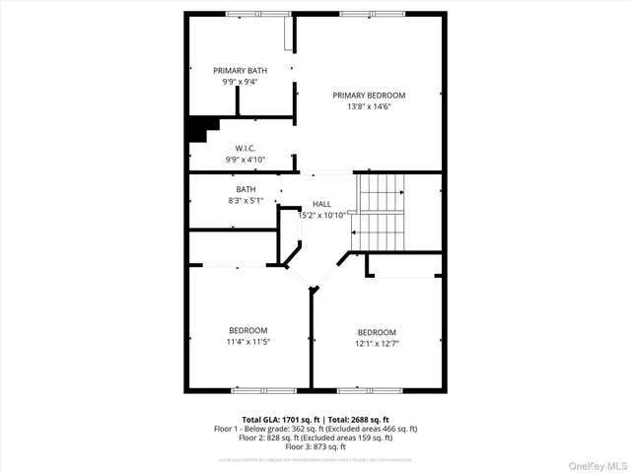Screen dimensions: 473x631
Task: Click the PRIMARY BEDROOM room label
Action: pyautogui.click(x=369, y=96)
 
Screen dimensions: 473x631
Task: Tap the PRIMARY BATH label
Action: pyautogui.click(x=240, y=71)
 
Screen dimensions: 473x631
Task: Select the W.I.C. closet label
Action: pyautogui.click(x=245, y=148)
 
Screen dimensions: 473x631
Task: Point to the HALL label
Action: pyautogui.click(x=321, y=204)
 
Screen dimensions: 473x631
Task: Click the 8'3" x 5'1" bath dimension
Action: pyautogui.click(x=245, y=200)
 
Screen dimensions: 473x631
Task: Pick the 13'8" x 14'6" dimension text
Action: pyautogui.click(x=369, y=106)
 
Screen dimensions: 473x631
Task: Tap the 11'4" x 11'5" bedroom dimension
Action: pyautogui.click(x=248, y=341)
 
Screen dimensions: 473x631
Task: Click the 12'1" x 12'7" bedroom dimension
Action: pyautogui.click(x=377, y=343)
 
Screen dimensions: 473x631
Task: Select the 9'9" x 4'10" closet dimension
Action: pyautogui.click(x=245, y=159)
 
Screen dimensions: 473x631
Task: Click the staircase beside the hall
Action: pyautogui.click(x=381, y=212)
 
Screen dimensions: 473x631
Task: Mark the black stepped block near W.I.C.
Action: pyautogui.click(x=202, y=128)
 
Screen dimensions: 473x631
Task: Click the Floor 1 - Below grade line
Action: pyautogui.click(x=315, y=429)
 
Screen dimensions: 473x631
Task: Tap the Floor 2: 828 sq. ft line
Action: pyautogui.click(x=315, y=438)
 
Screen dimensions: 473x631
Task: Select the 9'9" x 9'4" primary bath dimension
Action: pyautogui.click(x=240, y=82)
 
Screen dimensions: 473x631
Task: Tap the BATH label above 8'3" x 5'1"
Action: pyautogui.click(x=245, y=189)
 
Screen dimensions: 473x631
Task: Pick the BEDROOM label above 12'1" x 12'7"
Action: pyautogui.click(x=377, y=332)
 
